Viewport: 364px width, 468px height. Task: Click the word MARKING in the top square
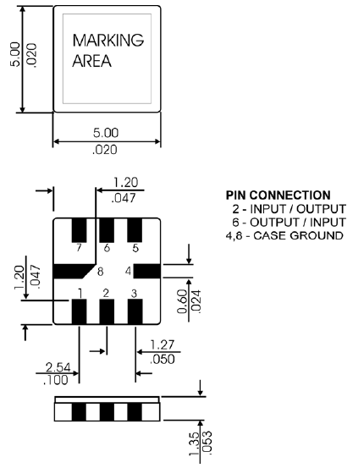click(x=108, y=41)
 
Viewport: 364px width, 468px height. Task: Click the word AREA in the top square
click(x=92, y=62)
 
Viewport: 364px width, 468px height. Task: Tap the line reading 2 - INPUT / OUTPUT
click(x=288, y=208)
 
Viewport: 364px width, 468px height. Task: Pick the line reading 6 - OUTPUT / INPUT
click(x=288, y=222)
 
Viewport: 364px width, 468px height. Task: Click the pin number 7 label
click(x=78, y=249)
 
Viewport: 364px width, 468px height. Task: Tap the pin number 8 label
click(x=100, y=273)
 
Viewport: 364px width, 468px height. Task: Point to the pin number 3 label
click(x=134, y=293)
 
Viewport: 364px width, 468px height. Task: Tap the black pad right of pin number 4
click(x=147, y=271)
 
